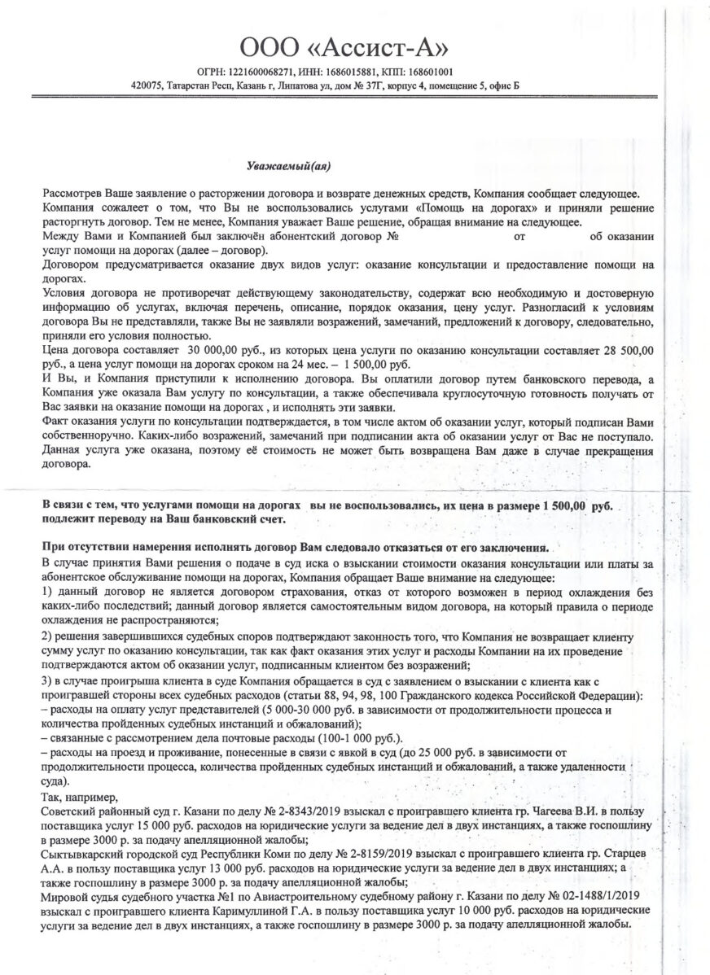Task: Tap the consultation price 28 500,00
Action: (628, 349)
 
